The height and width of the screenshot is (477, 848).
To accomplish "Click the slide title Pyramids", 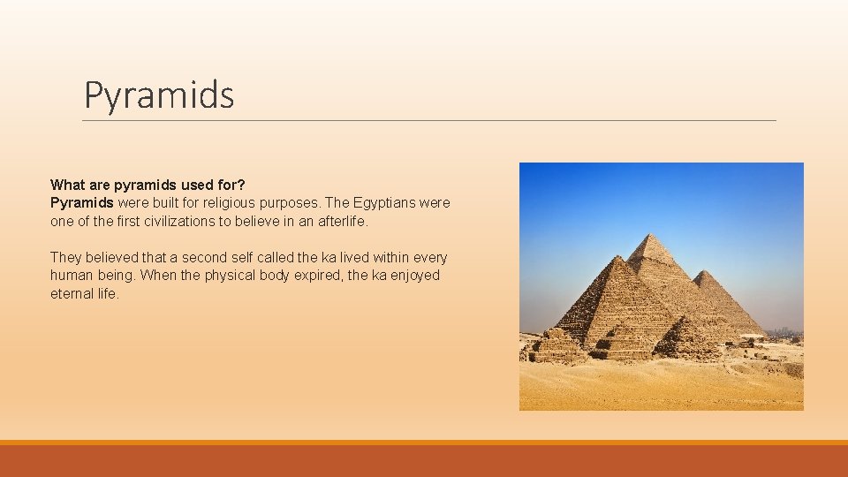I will click(159, 95).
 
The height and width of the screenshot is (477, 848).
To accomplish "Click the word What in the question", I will click(67, 185).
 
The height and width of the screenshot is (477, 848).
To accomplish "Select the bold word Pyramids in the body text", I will click(82, 202).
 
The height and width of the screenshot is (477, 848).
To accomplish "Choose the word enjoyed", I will click(413, 275).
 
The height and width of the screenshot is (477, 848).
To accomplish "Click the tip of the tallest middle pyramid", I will click(653, 235).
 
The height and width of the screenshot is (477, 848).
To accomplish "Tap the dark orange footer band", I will click(424, 461).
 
